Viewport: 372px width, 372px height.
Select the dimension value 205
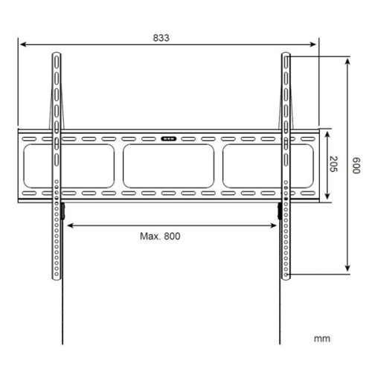[x=333, y=166]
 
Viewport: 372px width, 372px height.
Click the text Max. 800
[x=161, y=236]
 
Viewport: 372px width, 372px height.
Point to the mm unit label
[x=321, y=339]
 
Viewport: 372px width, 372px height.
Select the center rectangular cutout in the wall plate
[x=169, y=165]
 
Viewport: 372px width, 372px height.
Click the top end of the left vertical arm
[x=57, y=57]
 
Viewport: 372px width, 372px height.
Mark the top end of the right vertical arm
[x=285, y=57]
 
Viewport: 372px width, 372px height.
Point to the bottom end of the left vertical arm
[x=57, y=277]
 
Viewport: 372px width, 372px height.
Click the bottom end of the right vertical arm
[x=285, y=277]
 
